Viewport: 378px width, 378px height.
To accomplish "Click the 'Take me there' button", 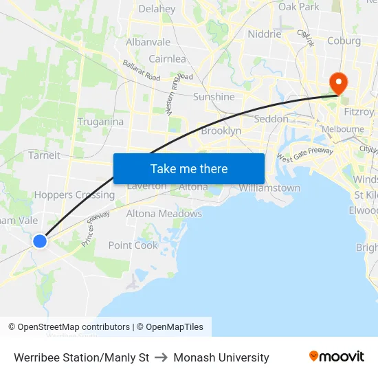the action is [189, 168].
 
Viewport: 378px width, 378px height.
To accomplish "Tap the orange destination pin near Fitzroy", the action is [339, 82].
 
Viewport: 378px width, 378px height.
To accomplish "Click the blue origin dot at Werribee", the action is [40, 241].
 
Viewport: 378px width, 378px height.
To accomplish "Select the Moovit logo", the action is [336, 356].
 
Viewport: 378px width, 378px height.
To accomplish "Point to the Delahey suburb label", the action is [157, 10].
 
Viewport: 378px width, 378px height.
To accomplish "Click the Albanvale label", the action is [148, 42].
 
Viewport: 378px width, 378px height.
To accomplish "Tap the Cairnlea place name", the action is [167, 59].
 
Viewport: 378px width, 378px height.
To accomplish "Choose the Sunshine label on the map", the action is [214, 97].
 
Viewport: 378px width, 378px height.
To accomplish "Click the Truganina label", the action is [100, 122].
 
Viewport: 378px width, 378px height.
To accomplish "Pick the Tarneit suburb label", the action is [45, 155].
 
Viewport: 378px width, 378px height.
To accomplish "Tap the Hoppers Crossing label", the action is [74, 194].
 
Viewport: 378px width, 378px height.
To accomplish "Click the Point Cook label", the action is [133, 245].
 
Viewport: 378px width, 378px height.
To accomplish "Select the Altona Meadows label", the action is [164, 214].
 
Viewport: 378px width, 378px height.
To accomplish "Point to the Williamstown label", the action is [269, 188].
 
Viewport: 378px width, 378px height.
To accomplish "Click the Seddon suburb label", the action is [271, 119].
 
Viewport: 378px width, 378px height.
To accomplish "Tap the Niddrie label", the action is [265, 34].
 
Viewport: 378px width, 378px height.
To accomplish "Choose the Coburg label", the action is [344, 41].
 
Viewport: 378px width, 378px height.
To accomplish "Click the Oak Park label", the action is [299, 7].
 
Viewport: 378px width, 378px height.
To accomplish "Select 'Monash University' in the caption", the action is [221, 357].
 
